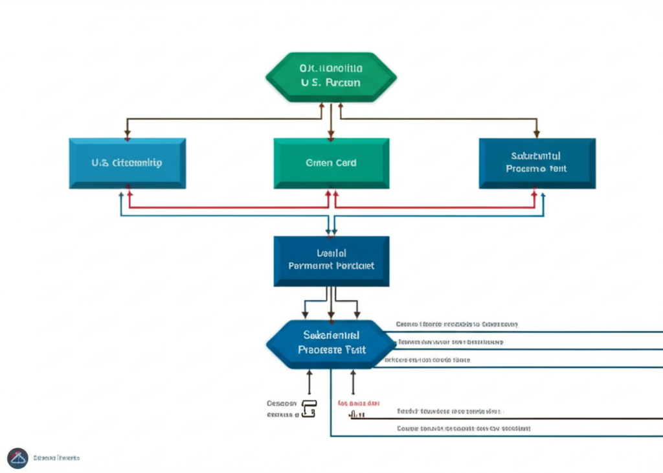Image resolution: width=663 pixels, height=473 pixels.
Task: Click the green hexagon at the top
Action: pos(331,76)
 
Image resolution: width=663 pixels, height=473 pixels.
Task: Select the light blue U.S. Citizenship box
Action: pos(128,163)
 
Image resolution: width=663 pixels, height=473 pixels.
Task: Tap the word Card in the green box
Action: pos(343,163)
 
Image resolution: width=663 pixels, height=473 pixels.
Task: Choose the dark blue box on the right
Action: pos(537,163)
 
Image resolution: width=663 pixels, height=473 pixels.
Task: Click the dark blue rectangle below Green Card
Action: pos(331,260)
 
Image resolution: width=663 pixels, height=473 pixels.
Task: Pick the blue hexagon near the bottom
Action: pos(331,343)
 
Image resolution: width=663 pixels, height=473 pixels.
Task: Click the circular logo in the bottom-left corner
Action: pos(17,457)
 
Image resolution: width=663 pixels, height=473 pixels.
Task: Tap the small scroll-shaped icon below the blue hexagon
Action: pos(309,408)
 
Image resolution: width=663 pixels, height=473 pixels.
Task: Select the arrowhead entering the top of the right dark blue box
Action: pos(536,135)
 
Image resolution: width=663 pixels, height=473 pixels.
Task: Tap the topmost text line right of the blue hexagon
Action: pos(456,323)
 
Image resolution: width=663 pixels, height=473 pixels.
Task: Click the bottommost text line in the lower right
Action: pos(463,428)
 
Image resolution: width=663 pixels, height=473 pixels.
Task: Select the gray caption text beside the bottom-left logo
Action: pos(56,457)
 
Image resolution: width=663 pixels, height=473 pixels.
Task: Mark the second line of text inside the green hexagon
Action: pos(331,83)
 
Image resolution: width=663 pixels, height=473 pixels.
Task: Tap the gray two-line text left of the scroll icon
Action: pos(282,408)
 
